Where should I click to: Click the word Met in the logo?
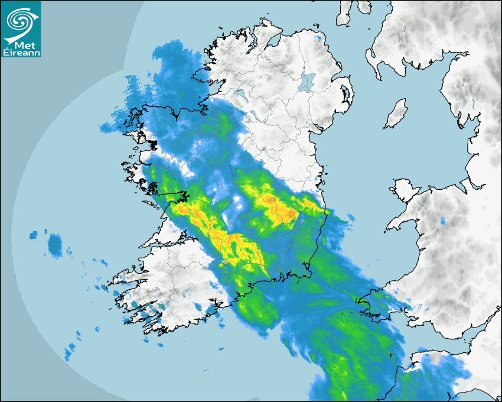tap(22, 46)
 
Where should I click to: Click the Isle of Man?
tap(396, 114)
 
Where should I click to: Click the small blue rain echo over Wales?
tap(443, 222)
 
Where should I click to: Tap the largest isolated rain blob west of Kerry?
tap(55, 245)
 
